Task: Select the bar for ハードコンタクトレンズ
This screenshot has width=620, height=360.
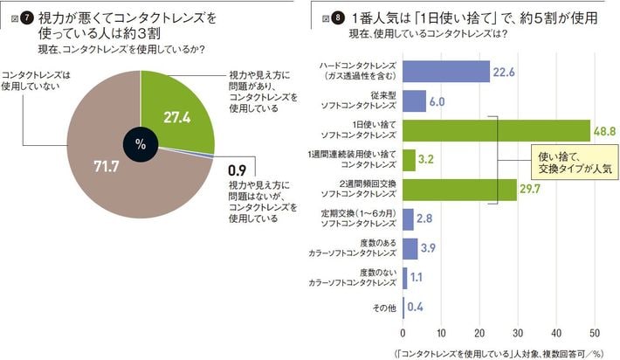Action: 445,71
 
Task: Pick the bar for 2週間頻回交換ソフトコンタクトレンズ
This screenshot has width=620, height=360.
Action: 459,190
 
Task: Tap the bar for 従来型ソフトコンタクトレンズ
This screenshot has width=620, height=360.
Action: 414,100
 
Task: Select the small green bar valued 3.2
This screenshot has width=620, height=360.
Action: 409,160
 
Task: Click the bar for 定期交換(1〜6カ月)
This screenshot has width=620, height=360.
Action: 408,219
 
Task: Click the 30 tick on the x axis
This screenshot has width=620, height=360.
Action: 517,333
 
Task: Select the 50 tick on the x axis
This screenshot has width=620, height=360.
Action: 594,333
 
